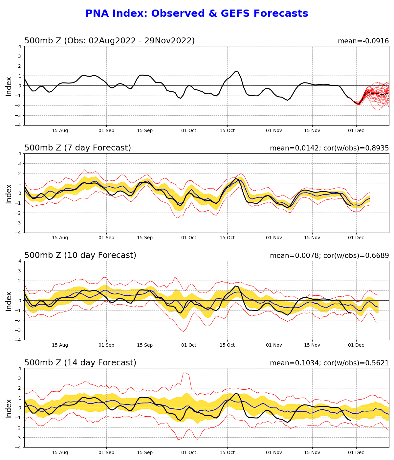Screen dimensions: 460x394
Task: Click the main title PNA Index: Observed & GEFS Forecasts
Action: [x=197, y=14]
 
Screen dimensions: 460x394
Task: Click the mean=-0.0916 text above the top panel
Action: [x=363, y=41]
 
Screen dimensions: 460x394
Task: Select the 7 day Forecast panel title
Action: [x=77, y=148]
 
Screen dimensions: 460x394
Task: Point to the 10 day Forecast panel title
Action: [x=80, y=256]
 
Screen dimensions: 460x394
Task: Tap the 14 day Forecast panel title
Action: [x=80, y=363]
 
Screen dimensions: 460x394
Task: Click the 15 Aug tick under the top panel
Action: [x=60, y=130]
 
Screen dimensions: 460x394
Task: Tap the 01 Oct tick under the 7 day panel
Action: [x=188, y=238]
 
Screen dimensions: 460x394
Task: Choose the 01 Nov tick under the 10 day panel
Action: [x=274, y=345]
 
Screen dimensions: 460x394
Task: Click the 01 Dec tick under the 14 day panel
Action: [x=356, y=452]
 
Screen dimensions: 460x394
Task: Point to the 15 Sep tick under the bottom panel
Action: [x=145, y=452]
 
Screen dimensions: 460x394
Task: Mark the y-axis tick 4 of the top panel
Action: [x=20, y=46]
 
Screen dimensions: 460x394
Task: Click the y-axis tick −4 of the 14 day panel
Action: [x=18, y=447]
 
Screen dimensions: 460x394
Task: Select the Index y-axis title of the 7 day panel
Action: [x=9, y=193]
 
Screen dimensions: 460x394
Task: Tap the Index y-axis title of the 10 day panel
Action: [x=9, y=301]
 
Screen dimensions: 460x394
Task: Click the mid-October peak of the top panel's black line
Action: [x=235, y=71]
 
